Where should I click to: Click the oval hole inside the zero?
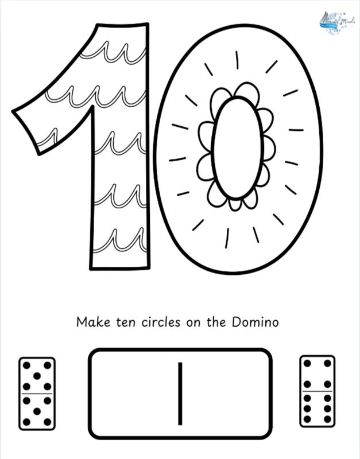237,147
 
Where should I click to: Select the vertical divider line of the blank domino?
180,394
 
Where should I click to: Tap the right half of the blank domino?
225,394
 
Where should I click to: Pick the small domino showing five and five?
37,393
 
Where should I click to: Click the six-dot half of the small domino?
318,408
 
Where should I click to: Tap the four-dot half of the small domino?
318,374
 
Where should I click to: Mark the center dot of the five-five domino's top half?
37,376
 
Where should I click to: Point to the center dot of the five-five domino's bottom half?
37,411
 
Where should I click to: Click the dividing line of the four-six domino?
318,392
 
